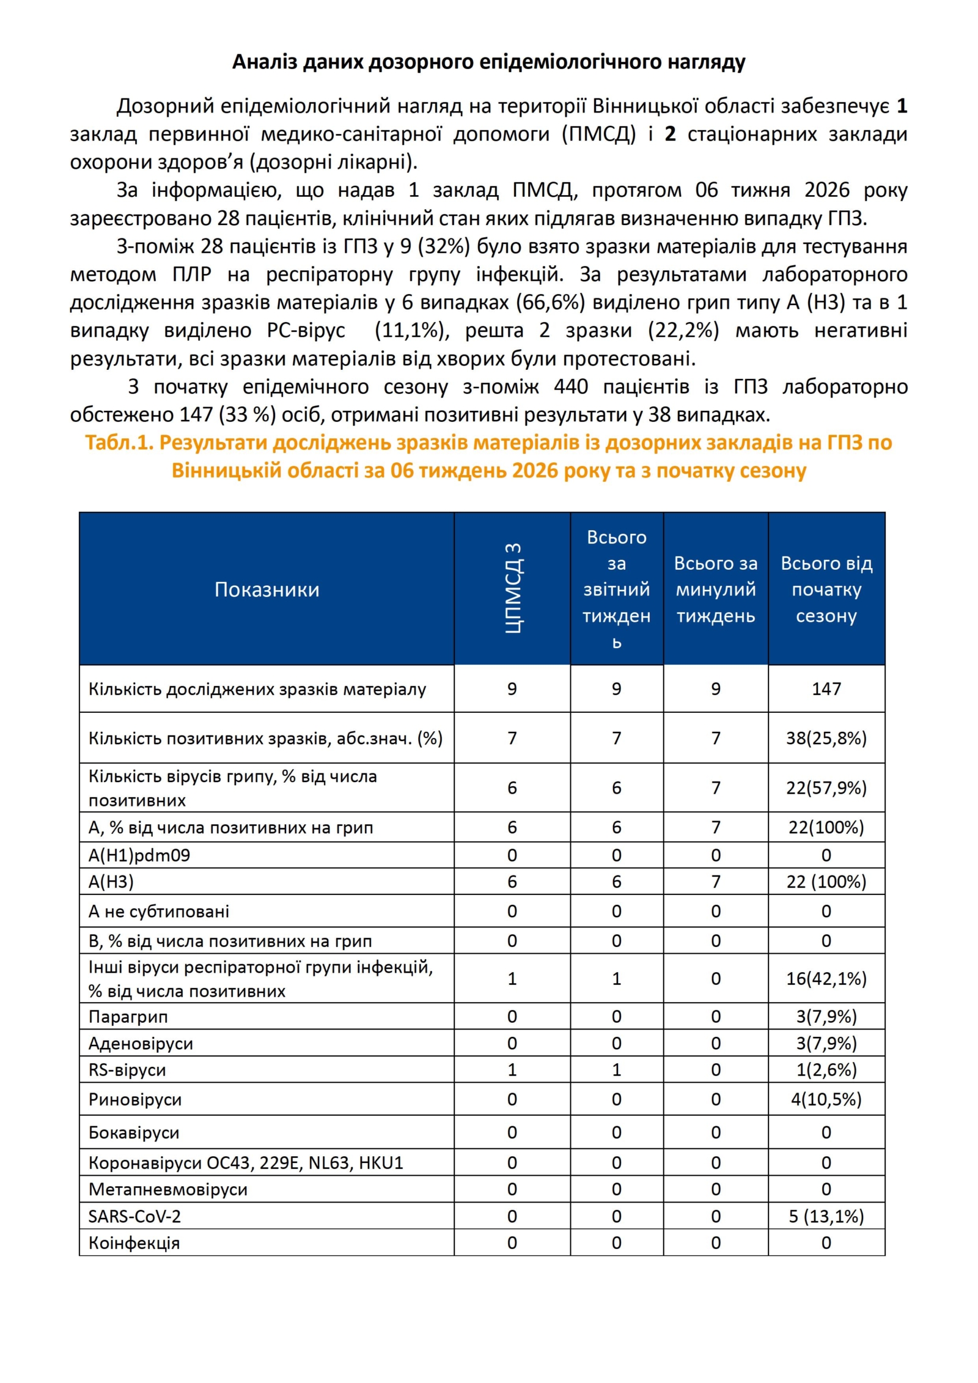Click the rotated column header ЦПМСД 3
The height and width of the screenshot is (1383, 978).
point(512,588)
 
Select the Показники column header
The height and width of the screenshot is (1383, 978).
point(267,589)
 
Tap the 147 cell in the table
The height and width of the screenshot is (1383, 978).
point(826,689)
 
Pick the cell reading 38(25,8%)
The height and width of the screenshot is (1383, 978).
point(826,738)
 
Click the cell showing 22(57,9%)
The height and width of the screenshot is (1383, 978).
point(826,787)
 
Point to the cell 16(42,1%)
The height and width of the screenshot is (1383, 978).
point(826,979)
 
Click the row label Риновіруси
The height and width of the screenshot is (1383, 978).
point(135,1100)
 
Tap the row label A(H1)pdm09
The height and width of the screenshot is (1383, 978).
point(139,855)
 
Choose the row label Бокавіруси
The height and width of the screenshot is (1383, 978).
point(134,1133)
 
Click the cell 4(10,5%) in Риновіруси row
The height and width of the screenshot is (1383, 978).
point(826,1100)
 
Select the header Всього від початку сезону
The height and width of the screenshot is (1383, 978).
point(826,589)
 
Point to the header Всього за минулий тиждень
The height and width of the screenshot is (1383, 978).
point(715,589)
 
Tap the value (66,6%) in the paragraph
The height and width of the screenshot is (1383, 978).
point(553,303)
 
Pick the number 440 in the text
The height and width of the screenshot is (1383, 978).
point(570,387)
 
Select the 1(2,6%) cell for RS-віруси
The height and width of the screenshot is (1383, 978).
point(826,1070)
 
